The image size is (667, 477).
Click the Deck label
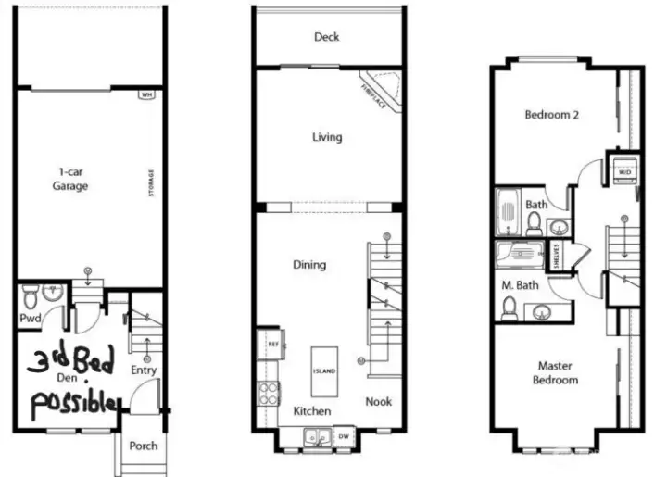click(326, 37)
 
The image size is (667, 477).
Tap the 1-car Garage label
click(69, 179)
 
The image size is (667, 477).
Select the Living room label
click(326, 137)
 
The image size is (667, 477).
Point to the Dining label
click(309, 265)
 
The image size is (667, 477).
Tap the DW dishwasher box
click(343, 434)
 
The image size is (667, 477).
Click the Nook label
click(378, 401)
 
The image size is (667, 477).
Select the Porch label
click(144, 446)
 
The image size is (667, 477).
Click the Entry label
click(144, 370)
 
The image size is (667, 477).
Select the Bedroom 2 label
click(551, 116)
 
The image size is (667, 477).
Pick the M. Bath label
click(515, 283)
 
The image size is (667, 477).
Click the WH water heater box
click(145, 94)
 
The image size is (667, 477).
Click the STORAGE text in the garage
click(151, 182)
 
